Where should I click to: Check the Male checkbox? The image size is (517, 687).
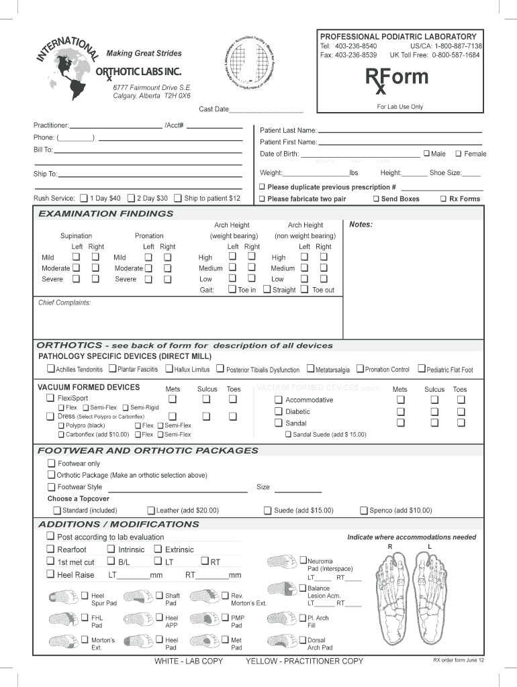click(x=426, y=154)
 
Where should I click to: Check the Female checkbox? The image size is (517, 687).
click(x=459, y=154)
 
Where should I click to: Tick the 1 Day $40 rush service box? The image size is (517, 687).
click(x=83, y=198)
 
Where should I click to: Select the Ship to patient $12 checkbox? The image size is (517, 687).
click(x=177, y=198)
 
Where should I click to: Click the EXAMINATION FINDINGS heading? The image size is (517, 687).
click(x=105, y=213)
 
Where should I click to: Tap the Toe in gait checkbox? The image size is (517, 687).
click(x=232, y=290)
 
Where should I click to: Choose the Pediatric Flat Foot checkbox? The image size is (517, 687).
click(x=421, y=369)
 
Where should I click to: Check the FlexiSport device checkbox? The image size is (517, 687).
click(x=50, y=398)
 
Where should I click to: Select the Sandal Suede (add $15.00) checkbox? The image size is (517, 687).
click(x=287, y=434)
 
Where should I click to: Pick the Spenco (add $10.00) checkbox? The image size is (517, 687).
click(x=364, y=510)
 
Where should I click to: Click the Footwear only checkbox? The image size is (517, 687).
click(x=51, y=463)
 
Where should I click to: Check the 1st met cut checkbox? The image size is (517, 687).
click(x=50, y=562)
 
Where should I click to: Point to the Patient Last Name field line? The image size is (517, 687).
click(x=399, y=130)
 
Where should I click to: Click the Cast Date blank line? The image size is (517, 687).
click(x=266, y=109)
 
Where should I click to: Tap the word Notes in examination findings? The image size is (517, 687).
click(x=361, y=225)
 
